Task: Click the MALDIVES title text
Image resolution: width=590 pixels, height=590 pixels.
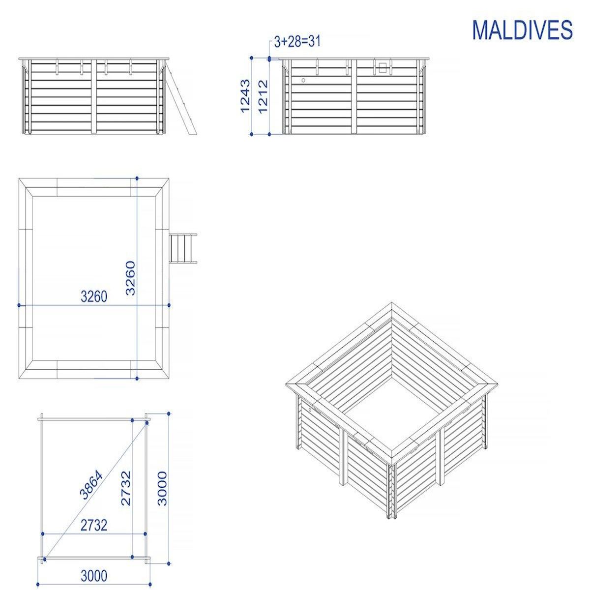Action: tap(522, 30)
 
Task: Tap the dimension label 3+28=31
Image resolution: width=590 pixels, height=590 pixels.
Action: tap(297, 41)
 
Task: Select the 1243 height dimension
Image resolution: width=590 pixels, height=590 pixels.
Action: tap(246, 96)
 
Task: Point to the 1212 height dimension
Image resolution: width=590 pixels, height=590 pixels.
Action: tap(263, 96)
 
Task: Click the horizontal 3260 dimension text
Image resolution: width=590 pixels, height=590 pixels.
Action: tap(93, 296)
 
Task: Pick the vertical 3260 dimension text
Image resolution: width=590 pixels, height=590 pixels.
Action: tap(130, 278)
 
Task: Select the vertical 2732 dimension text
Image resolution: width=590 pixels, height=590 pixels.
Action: tap(126, 488)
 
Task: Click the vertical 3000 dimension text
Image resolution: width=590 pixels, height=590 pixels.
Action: tap(162, 488)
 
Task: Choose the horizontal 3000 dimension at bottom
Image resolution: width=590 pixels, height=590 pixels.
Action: tap(93, 575)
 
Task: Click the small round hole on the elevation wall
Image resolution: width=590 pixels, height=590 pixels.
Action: tap(303, 80)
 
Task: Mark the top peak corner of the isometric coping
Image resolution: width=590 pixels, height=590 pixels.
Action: tap(391, 304)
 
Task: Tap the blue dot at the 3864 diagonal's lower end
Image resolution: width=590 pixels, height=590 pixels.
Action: tap(44, 559)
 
